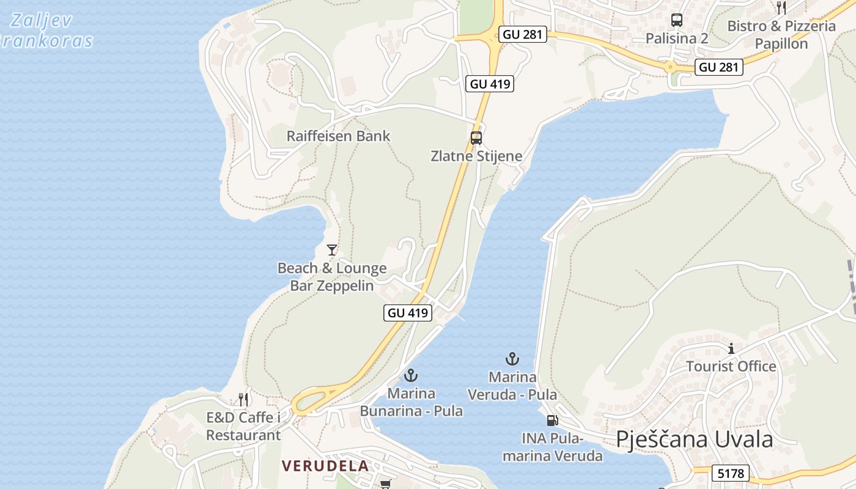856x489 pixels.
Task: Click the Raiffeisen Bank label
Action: (x=338, y=136)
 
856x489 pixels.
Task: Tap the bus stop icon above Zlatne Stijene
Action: (x=476, y=138)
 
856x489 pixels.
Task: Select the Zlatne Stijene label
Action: (x=476, y=156)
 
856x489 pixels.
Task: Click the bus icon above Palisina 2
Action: (x=677, y=20)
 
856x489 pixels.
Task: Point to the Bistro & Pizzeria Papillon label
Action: (x=781, y=35)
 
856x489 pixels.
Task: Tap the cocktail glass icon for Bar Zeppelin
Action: (x=332, y=249)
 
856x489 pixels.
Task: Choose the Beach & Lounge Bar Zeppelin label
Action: (x=332, y=277)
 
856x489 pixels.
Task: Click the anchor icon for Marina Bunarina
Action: (x=411, y=375)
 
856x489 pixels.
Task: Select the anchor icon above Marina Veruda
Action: (x=512, y=359)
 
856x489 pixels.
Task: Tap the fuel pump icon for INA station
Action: (x=552, y=421)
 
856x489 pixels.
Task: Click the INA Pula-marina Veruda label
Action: (x=553, y=447)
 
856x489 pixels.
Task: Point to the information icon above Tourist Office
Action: (x=731, y=349)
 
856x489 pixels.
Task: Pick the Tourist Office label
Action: (x=731, y=366)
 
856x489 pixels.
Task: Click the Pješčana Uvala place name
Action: (x=695, y=439)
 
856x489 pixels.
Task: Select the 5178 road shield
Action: (x=731, y=473)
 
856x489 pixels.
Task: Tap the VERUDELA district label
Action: (x=325, y=466)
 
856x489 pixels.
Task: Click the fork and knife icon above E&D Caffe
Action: (x=244, y=400)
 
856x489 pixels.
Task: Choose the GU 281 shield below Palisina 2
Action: (x=720, y=67)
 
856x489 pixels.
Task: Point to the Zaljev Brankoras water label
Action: (x=46, y=31)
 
